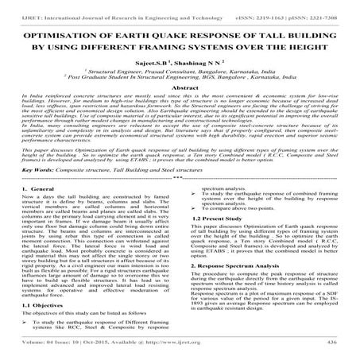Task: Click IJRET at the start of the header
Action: coord(14,7)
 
